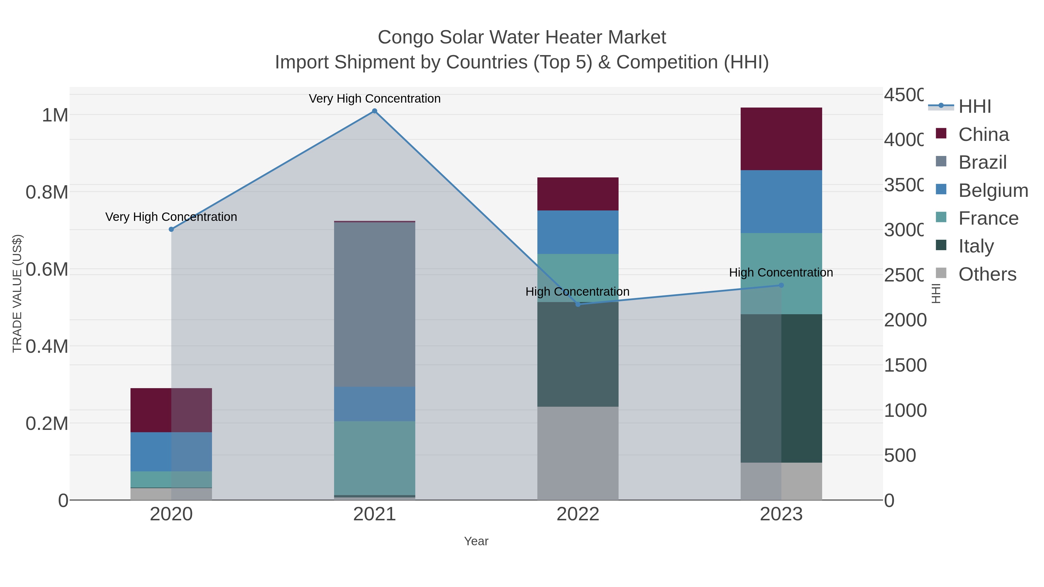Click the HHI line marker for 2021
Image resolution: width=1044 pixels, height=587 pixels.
(x=374, y=111)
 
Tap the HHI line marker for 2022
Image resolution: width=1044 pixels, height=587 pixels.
(x=578, y=304)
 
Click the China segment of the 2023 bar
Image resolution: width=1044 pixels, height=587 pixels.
(x=781, y=139)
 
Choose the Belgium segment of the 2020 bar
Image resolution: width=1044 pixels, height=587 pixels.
(x=171, y=451)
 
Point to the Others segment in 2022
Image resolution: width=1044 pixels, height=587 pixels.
(x=578, y=453)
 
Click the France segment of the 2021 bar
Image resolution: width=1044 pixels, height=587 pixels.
(x=374, y=458)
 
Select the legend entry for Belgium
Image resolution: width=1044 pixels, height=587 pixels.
(x=993, y=190)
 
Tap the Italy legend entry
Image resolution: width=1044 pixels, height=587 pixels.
(x=976, y=246)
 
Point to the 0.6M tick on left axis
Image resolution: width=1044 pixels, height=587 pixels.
(x=47, y=269)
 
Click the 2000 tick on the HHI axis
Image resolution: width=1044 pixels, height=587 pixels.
(x=905, y=320)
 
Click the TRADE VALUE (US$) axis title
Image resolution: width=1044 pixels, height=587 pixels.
(x=17, y=293)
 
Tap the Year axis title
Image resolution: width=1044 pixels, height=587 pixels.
(x=476, y=541)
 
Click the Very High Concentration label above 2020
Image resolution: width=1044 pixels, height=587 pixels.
(x=171, y=217)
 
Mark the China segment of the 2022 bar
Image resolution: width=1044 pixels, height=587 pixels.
(x=578, y=194)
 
